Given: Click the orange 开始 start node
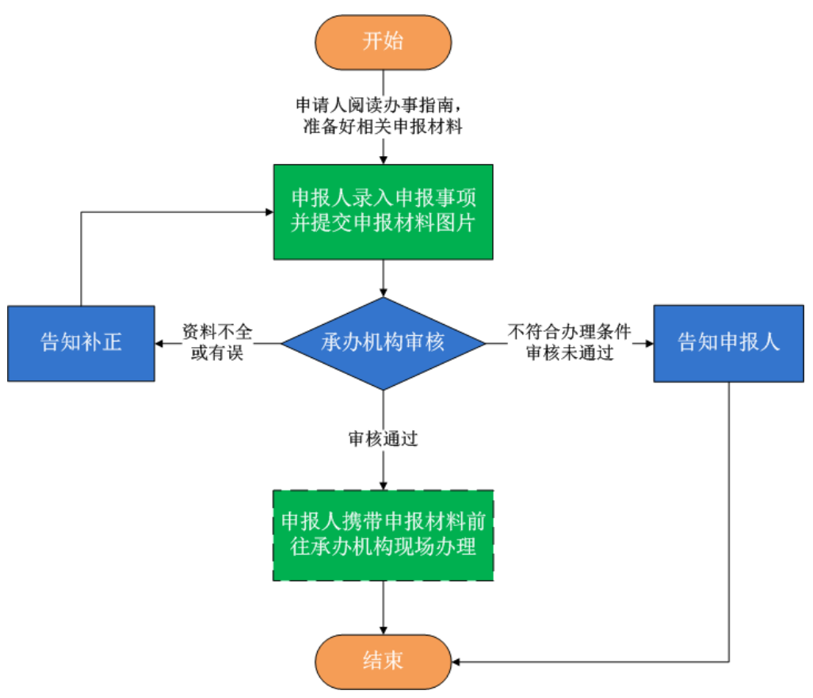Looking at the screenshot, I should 383,42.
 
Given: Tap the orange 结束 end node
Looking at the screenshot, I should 383,661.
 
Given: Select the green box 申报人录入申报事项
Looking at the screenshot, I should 383,212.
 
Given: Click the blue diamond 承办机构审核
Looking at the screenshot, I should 383,343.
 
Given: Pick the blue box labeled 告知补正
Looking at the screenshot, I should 81,343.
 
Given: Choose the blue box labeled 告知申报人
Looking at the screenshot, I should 729,343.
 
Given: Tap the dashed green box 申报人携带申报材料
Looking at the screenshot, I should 383,535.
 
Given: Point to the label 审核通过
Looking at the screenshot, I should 383,440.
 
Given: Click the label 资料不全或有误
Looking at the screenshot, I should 212,343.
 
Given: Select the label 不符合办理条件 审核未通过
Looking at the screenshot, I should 570,343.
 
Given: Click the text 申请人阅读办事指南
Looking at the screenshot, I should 378,105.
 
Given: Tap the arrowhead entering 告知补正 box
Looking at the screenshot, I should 159,344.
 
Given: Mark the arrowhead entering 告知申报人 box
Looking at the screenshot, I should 650,344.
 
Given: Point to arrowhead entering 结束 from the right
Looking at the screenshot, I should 455,661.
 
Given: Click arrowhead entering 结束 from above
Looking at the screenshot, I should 384,631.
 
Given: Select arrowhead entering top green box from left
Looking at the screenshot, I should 269,212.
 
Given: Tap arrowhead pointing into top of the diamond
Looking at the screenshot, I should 384,294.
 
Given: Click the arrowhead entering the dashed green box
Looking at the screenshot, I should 384,486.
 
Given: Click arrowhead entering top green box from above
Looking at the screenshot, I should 384,160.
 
